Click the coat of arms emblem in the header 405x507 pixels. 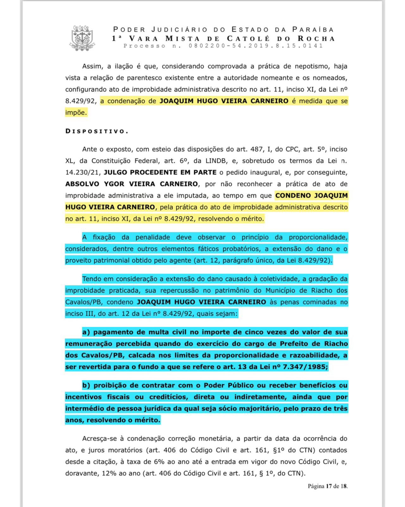(82, 38)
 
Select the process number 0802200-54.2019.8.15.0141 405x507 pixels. (256, 46)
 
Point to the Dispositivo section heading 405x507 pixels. (97, 131)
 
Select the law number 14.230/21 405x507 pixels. (83, 173)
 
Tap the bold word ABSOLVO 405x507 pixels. (82, 184)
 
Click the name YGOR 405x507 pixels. (116, 184)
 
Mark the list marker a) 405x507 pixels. (86, 332)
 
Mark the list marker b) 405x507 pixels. (86, 386)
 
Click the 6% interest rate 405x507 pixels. (158, 462)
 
